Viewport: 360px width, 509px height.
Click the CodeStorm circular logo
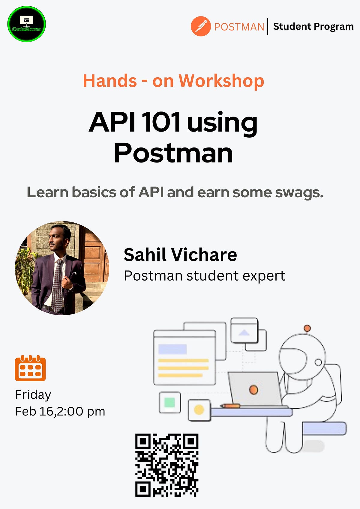26,24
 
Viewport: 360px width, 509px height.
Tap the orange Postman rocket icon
200,26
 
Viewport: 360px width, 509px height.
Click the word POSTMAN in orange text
239,27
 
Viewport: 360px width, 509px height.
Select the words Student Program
313,26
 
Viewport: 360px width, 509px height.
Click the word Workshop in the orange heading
221,81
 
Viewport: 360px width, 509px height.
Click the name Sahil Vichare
180,255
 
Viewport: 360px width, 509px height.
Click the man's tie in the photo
57,285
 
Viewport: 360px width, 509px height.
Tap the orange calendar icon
30,368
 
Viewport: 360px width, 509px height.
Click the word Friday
33,394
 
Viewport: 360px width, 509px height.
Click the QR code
167,465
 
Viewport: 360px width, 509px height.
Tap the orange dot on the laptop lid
253,390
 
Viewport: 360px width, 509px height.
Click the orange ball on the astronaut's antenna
307,328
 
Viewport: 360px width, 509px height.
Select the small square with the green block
170,402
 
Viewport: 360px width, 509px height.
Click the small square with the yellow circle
199,410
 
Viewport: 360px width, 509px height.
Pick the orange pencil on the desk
230,406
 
